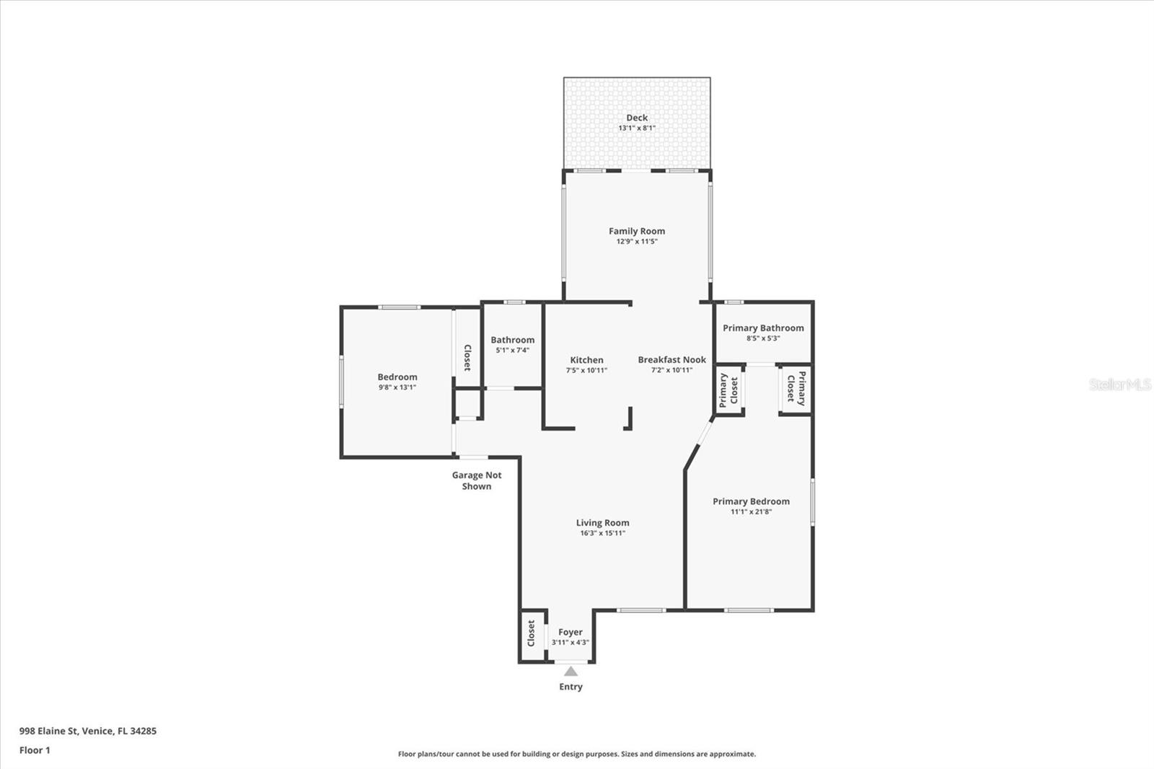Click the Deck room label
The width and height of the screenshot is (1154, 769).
pos(637,118)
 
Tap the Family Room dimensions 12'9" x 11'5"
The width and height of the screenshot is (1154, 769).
pos(637,241)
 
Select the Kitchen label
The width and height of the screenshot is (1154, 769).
pos(586,360)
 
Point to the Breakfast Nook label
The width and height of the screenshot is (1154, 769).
pos(671,359)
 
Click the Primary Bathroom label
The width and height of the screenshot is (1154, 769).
pos(763,328)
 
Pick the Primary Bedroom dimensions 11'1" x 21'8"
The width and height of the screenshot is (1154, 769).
pos(751,511)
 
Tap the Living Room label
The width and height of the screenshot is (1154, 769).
pos(602,522)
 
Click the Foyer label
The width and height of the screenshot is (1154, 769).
pos(571,632)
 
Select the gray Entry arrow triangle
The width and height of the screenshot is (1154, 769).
pos(571,671)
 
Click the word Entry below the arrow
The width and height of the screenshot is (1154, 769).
pos(571,687)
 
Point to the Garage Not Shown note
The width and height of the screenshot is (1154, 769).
pos(477,480)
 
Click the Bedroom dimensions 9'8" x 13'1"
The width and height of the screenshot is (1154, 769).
pos(397,387)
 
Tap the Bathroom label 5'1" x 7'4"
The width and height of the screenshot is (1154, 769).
pos(513,344)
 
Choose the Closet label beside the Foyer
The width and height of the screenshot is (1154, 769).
pos(531,633)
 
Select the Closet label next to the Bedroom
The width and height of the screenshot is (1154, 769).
pos(467,358)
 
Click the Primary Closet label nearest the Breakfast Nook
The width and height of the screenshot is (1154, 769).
pos(728,391)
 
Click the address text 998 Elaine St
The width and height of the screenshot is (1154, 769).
pos(49,731)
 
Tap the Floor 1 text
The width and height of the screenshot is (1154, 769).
pos(35,750)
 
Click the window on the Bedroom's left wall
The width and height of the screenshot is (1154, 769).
pos(341,382)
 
